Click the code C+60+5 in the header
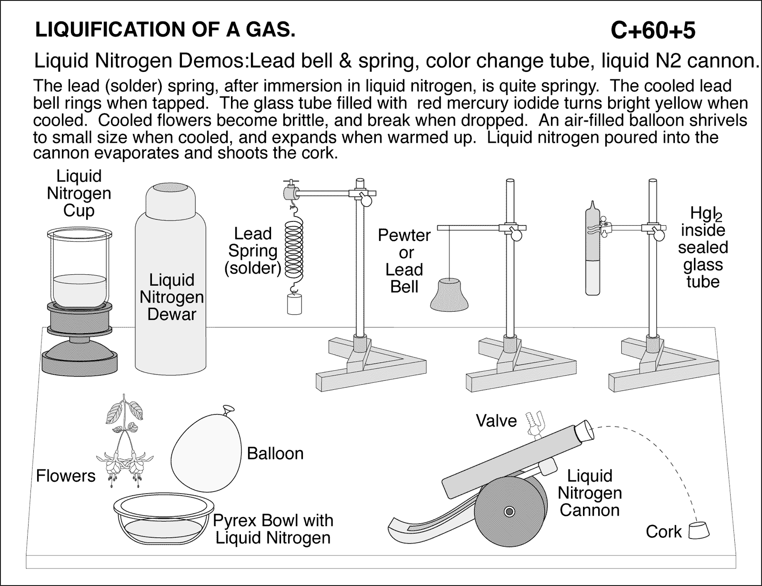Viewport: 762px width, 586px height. click(652, 31)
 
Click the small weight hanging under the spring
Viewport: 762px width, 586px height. click(295, 304)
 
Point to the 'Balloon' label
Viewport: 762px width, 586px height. click(275, 453)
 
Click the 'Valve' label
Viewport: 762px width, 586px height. click(496, 421)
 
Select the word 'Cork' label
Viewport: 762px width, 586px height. click(663, 532)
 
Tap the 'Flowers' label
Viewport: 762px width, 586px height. click(66, 476)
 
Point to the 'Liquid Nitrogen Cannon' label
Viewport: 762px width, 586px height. click(590, 493)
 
